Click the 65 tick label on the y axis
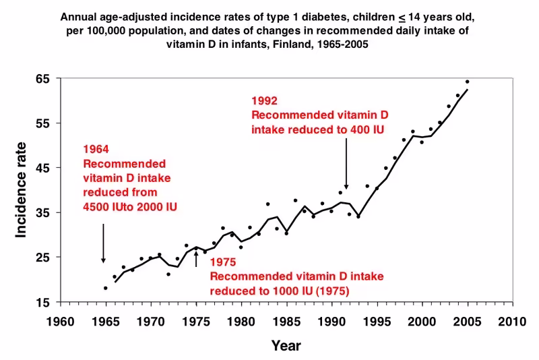tap(44, 79)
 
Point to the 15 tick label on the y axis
tap(44, 302)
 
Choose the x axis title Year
tap(286, 346)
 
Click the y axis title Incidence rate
tap(22, 190)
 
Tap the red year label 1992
tap(263, 102)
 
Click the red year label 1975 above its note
tap(222, 262)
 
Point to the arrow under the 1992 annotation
tap(346, 165)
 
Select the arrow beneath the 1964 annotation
tap(103, 243)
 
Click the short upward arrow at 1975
tap(196, 259)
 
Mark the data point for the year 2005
tap(467, 82)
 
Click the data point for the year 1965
tap(105, 288)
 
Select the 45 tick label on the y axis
tap(44, 168)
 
